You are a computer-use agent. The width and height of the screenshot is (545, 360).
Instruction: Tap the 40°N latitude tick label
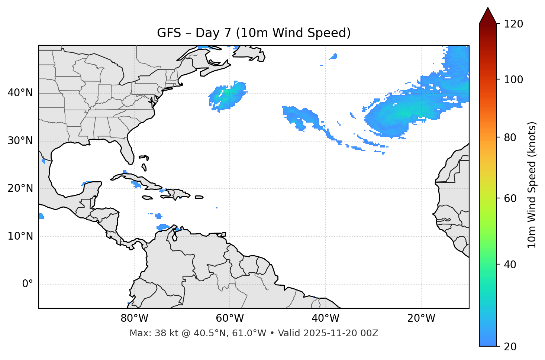[20, 93]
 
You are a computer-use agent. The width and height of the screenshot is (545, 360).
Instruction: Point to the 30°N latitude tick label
[20, 141]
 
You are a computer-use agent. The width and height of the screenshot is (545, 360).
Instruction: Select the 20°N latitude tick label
[20, 188]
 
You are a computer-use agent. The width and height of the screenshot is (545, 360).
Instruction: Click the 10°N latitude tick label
[20, 236]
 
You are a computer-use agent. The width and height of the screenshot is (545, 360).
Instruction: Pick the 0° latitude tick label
[28, 284]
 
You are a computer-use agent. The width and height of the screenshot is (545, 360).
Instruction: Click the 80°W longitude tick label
[134, 318]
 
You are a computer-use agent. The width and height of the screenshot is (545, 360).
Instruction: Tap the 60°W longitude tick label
[230, 318]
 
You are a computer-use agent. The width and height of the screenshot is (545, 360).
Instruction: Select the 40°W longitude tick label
[325, 318]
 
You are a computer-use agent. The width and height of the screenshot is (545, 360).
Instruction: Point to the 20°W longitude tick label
[421, 318]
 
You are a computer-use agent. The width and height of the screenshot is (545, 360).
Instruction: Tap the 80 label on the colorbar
[510, 137]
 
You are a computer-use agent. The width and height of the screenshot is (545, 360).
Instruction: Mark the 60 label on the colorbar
[510, 198]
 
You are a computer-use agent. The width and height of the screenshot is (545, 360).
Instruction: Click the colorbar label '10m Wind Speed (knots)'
[532, 185]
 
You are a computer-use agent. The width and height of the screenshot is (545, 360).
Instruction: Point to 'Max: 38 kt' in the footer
[148, 333]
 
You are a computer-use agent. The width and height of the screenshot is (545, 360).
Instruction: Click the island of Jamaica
[147, 198]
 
